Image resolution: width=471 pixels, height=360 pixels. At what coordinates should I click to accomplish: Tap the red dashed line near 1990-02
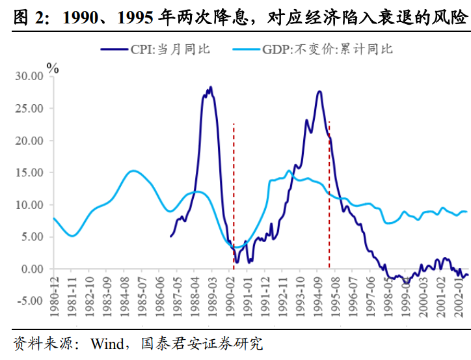point(234,195)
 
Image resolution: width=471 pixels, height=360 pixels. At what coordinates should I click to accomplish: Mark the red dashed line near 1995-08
point(329,195)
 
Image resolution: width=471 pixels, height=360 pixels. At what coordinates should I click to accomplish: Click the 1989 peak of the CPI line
point(210,88)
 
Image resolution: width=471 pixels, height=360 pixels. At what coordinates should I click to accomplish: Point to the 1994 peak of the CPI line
point(319,92)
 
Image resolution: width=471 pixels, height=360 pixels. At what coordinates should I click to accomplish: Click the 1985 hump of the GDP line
point(133,171)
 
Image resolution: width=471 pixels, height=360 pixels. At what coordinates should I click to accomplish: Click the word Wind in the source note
point(107,343)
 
